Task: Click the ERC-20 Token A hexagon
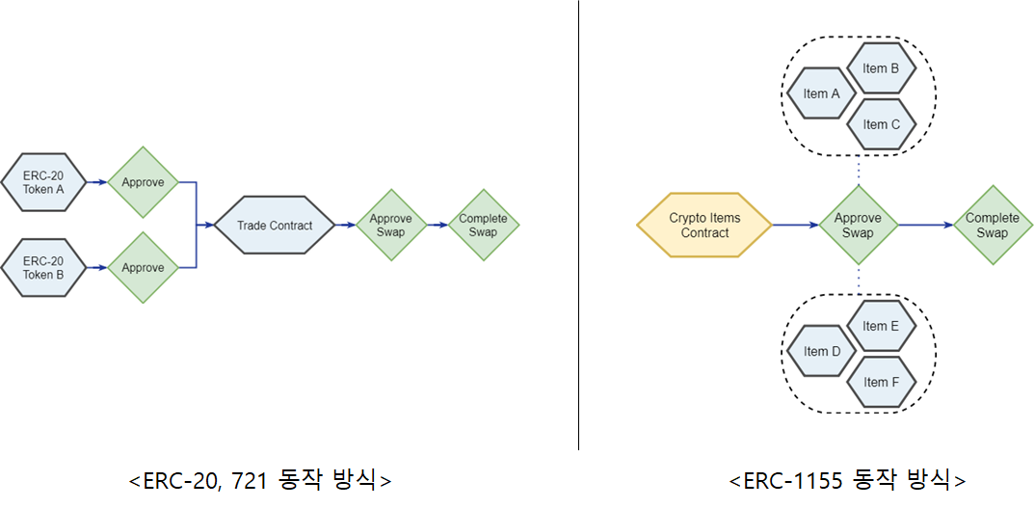tap(44, 182)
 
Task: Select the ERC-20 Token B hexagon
tap(44, 267)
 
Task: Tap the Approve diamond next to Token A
tap(143, 182)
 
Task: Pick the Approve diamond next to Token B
tap(143, 267)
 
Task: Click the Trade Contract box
tap(275, 226)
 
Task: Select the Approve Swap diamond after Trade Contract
tap(390, 226)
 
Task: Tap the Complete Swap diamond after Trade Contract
tap(483, 226)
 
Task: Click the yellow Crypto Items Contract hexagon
tap(704, 226)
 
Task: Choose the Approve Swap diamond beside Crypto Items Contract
tap(858, 226)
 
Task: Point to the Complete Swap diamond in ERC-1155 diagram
tap(992, 226)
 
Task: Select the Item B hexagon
tap(881, 68)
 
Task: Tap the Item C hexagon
tap(881, 124)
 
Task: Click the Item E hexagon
tap(881, 326)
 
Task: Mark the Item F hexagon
tap(881, 382)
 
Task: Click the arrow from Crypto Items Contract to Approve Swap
tap(794, 226)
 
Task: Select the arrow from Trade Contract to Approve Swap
tap(346, 226)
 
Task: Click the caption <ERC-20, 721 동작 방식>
tap(260, 479)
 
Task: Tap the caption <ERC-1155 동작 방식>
tap(847, 479)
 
